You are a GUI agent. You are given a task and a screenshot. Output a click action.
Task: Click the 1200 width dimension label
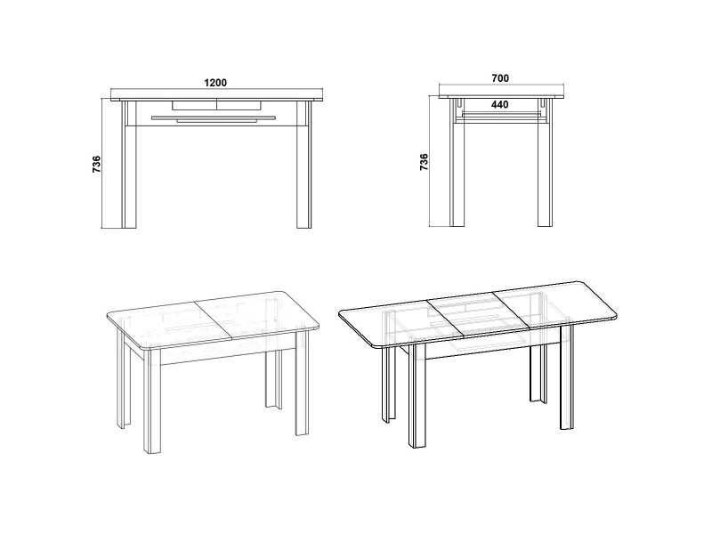[215, 83]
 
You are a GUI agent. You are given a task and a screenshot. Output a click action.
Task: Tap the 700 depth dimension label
[500, 78]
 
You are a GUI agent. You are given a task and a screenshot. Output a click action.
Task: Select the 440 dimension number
[500, 104]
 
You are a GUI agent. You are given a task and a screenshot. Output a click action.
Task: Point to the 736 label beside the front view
[96, 164]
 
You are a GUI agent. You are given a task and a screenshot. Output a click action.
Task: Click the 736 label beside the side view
[424, 162]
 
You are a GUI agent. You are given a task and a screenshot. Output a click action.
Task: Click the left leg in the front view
[129, 165]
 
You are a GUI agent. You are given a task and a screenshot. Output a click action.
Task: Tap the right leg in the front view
[303, 165]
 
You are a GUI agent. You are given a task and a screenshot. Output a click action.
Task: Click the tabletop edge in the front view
[217, 99]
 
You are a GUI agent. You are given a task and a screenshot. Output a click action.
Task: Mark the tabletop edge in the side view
[501, 96]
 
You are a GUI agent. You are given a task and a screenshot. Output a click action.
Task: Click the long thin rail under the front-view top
[214, 117]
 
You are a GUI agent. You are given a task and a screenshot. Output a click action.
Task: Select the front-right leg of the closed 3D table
[303, 384]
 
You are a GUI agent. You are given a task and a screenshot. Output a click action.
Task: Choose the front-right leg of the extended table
[567, 376]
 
